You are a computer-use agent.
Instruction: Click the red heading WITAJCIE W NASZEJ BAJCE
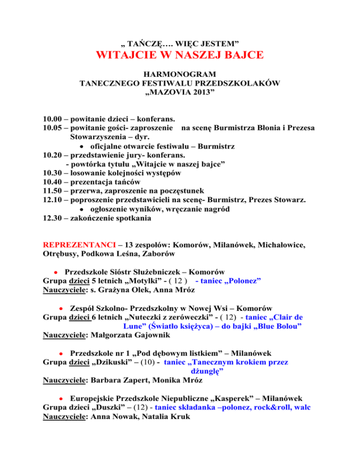pos(180,55)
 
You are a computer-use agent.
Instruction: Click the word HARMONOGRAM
pos(180,75)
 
